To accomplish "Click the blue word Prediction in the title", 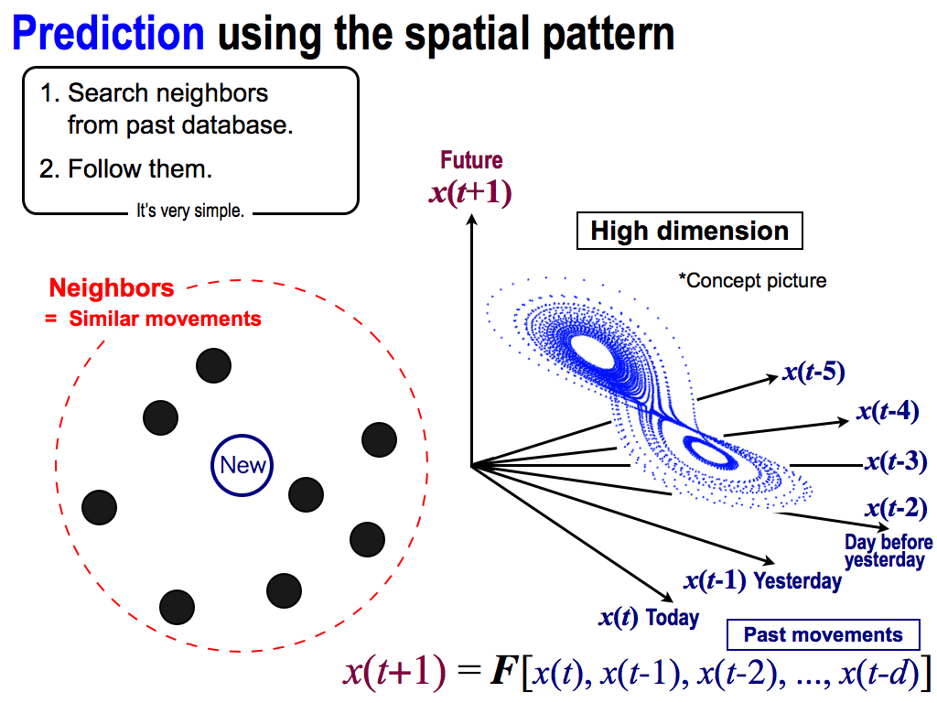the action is click(108, 33).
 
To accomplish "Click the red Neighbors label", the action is click(111, 288).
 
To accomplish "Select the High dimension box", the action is click(690, 231).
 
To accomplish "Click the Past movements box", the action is click(824, 635).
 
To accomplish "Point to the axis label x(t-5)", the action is click(813, 372).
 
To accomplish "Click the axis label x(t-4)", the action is click(888, 411).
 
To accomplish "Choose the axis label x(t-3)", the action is click(897, 461).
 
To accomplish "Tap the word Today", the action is click(673, 618).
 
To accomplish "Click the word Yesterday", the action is click(798, 580).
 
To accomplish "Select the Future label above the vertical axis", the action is click(471, 160).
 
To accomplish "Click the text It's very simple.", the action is click(190, 211).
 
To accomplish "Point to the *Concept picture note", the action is click(753, 280).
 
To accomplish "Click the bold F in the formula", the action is click(503, 671).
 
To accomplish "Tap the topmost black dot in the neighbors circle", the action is click(213, 365).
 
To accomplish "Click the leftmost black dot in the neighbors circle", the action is click(99, 507).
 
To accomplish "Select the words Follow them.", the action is click(140, 169).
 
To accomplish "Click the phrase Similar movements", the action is click(165, 319).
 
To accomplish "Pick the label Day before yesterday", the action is click(889, 551).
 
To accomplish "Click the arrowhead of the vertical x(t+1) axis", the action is click(472, 219).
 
